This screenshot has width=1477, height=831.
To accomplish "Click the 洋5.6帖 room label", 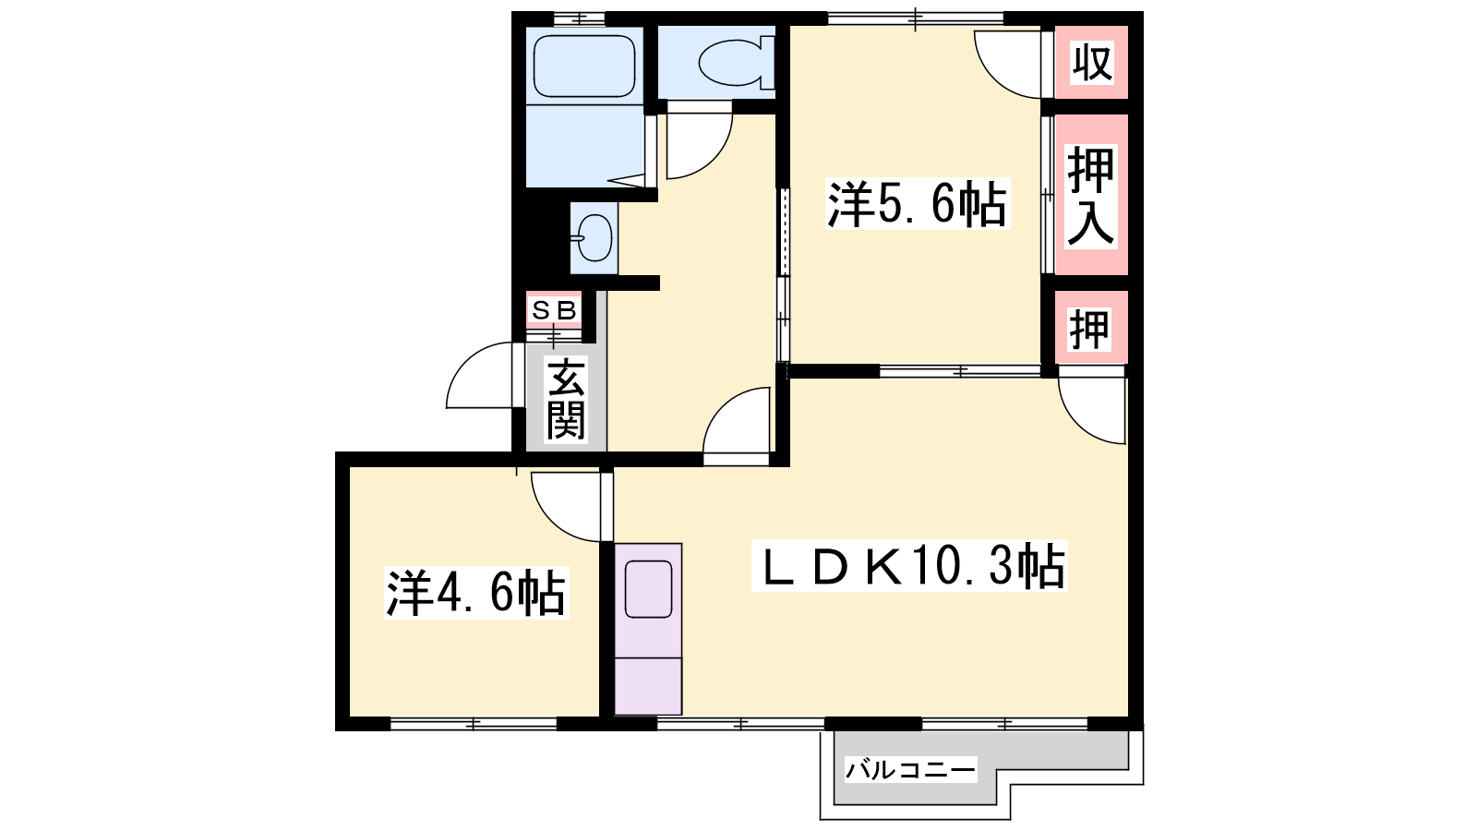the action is click(x=918, y=204).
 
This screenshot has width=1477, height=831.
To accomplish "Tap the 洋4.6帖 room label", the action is click(x=476, y=593).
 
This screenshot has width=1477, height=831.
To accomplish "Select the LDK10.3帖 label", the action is click(x=908, y=566).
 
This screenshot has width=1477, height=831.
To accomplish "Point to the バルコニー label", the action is click(x=910, y=770).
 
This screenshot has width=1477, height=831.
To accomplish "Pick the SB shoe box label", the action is click(x=555, y=309).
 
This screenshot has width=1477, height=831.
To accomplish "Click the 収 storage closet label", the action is click(x=1091, y=62).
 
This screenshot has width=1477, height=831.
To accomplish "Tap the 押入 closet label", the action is click(x=1091, y=197).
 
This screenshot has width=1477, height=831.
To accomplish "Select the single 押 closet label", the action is click(x=1089, y=329).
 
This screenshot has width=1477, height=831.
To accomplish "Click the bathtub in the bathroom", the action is click(x=584, y=66).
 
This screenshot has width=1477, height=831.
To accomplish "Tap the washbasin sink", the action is click(x=594, y=238).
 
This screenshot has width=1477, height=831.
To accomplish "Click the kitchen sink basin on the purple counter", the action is click(x=648, y=589).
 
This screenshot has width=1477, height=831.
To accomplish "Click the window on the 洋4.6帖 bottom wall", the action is click(x=474, y=724).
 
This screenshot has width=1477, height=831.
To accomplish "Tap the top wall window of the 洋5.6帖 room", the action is click(x=915, y=18).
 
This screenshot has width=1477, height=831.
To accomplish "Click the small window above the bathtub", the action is click(x=579, y=18).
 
